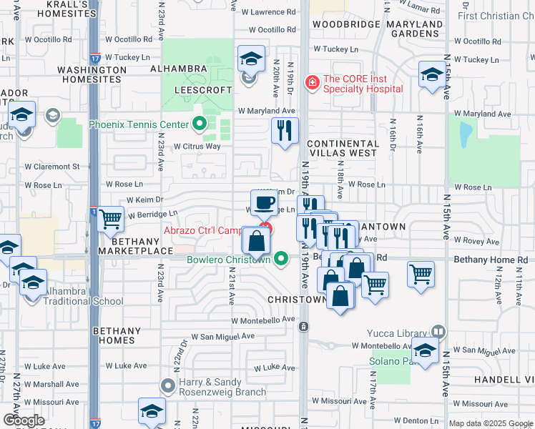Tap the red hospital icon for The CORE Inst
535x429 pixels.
coord(312,84)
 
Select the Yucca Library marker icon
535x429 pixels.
coord(438,332)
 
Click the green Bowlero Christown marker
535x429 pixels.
coord(282,258)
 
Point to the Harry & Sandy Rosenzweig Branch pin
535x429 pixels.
coord(167,387)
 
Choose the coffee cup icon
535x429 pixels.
coord(264,202)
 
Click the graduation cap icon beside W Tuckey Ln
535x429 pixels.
coord(251,59)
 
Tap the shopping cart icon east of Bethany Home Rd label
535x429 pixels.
coord(421,272)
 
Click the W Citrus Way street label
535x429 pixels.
coord(198,146)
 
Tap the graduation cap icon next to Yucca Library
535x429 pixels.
coord(425,351)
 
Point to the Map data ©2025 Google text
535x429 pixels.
coord(491,423)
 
